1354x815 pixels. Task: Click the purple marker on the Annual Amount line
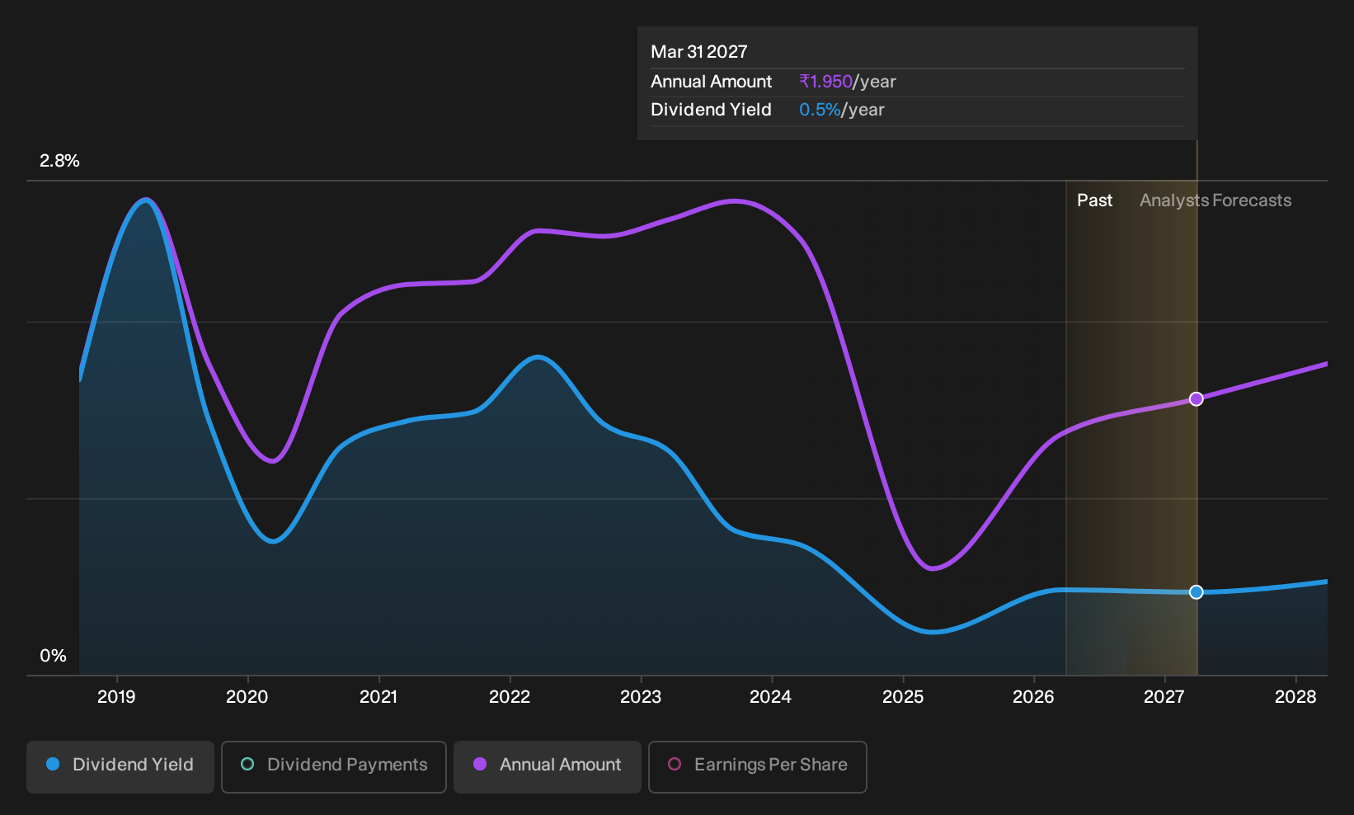[x=1197, y=399]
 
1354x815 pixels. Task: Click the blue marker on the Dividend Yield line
[x=1197, y=592]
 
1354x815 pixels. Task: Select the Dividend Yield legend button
[x=120, y=766]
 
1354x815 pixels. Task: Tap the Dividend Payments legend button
[x=334, y=766]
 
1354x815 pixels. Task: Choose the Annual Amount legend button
[x=547, y=766]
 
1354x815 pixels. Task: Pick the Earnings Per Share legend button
[x=757, y=766]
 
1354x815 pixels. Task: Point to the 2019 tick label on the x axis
[x=116, y=697]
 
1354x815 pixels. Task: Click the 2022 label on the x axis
[x=510, y=697]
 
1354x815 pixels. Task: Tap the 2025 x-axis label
[x=903, y=697]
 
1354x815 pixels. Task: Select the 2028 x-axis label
[x=1295, y=697]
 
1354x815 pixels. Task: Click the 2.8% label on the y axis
[x=59, y=161]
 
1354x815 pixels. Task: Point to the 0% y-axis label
[x=54, y=656]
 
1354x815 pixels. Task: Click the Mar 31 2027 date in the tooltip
[x=698, y=52]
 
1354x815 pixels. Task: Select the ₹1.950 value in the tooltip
[x=825, y=82]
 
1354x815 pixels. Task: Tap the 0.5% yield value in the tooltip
[x=820, y=110]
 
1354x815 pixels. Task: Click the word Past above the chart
[x=1095, y=200]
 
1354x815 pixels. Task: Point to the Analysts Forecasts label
[x=1215, y=200]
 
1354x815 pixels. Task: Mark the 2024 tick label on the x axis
[x=771, y=697]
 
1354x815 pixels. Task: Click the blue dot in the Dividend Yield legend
[x=54, y=764]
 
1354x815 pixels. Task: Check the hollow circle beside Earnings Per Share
[x=675, y=764]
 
